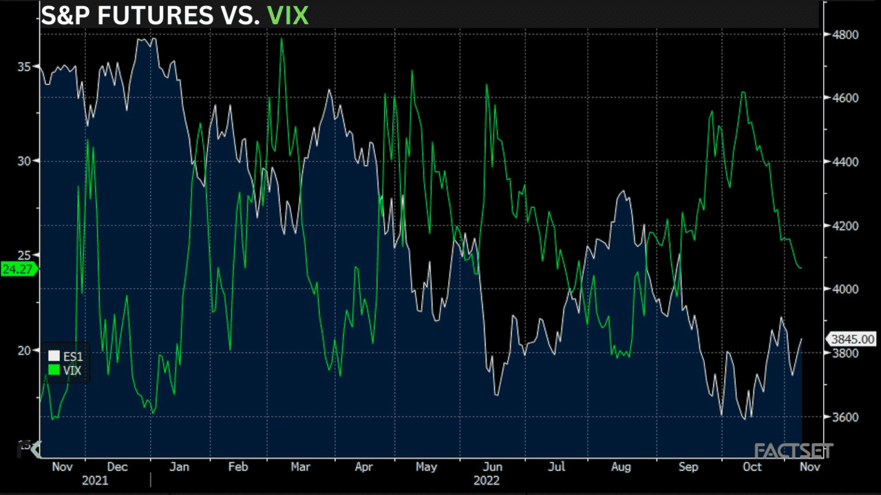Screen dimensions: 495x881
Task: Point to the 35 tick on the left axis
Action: click(24, 67)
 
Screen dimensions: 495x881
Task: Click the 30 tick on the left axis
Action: click(24, 161)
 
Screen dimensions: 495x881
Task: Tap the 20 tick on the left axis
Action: click(24, 351)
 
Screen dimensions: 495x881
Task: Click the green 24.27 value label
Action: click(18, 269)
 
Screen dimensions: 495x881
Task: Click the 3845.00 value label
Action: click(852, 339)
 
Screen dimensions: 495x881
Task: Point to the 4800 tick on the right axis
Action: click(845, 34)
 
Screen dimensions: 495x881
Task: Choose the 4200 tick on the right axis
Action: click(845, 225)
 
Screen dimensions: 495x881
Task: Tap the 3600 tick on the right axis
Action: click(845, 417)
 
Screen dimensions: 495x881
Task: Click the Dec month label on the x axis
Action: click(118, 467)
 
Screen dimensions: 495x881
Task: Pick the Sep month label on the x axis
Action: click(688, 467)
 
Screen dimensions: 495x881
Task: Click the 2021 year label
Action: click(95, 481)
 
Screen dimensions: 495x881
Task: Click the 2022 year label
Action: click(486, 481)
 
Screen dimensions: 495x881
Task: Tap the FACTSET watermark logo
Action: click(793, 451)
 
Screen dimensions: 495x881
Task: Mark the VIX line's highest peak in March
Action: click(282, 38)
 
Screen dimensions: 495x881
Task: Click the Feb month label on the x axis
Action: click(237, 467)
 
